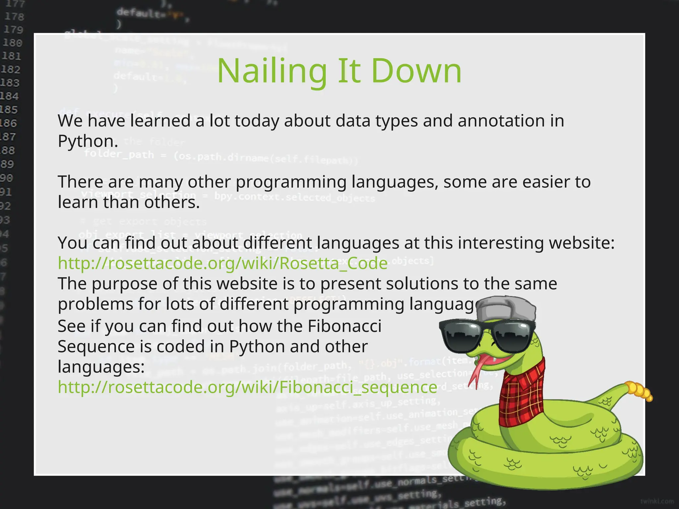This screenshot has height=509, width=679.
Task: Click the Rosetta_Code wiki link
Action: [222, 263]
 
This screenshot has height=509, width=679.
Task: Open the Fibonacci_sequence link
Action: [247, 387]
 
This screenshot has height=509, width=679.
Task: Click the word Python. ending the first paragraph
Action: [88, 141]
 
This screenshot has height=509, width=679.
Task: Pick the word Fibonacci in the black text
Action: [344, 326]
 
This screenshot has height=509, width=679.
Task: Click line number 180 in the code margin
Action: [13, 43]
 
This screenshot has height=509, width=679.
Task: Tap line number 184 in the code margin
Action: [9, 96]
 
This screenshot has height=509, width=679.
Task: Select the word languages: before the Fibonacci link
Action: [101, 367]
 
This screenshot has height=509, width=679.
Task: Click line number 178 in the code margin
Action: [14, 17]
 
